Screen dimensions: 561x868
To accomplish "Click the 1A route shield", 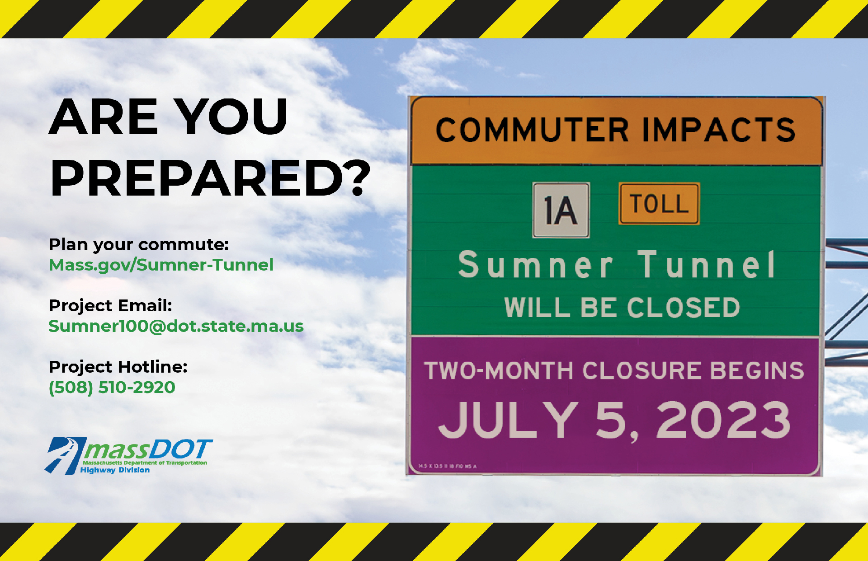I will point(561,210).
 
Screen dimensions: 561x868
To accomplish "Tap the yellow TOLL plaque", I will point(659,203).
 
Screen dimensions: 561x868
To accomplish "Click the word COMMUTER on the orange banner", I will point(532,130).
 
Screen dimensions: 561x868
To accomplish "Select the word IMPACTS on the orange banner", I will point(719,130).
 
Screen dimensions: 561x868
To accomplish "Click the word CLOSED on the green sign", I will point(683,308).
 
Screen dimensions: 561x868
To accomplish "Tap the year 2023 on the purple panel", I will point(723,420).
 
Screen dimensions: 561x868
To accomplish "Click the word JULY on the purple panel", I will point(509,420).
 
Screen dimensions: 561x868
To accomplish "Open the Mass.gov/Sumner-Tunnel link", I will point(161,265).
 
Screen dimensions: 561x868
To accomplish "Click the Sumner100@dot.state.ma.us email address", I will point(176,326).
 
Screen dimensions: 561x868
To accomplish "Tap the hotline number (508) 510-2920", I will point(112,387).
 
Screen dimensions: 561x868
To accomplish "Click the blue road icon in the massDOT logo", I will point(65,455).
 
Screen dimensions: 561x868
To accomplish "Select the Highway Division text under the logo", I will point(115,470).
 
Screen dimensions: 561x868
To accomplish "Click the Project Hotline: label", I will point(118,367).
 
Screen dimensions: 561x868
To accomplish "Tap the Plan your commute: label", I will point(139,244).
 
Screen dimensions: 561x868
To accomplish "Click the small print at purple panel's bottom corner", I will point(447,466).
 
